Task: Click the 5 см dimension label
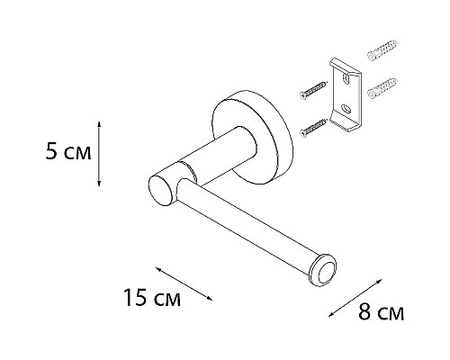tap(67, 153)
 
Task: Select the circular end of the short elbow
tap(159, 190)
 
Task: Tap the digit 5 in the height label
tap(50, 153)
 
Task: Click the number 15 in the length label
tap(131, 298)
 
